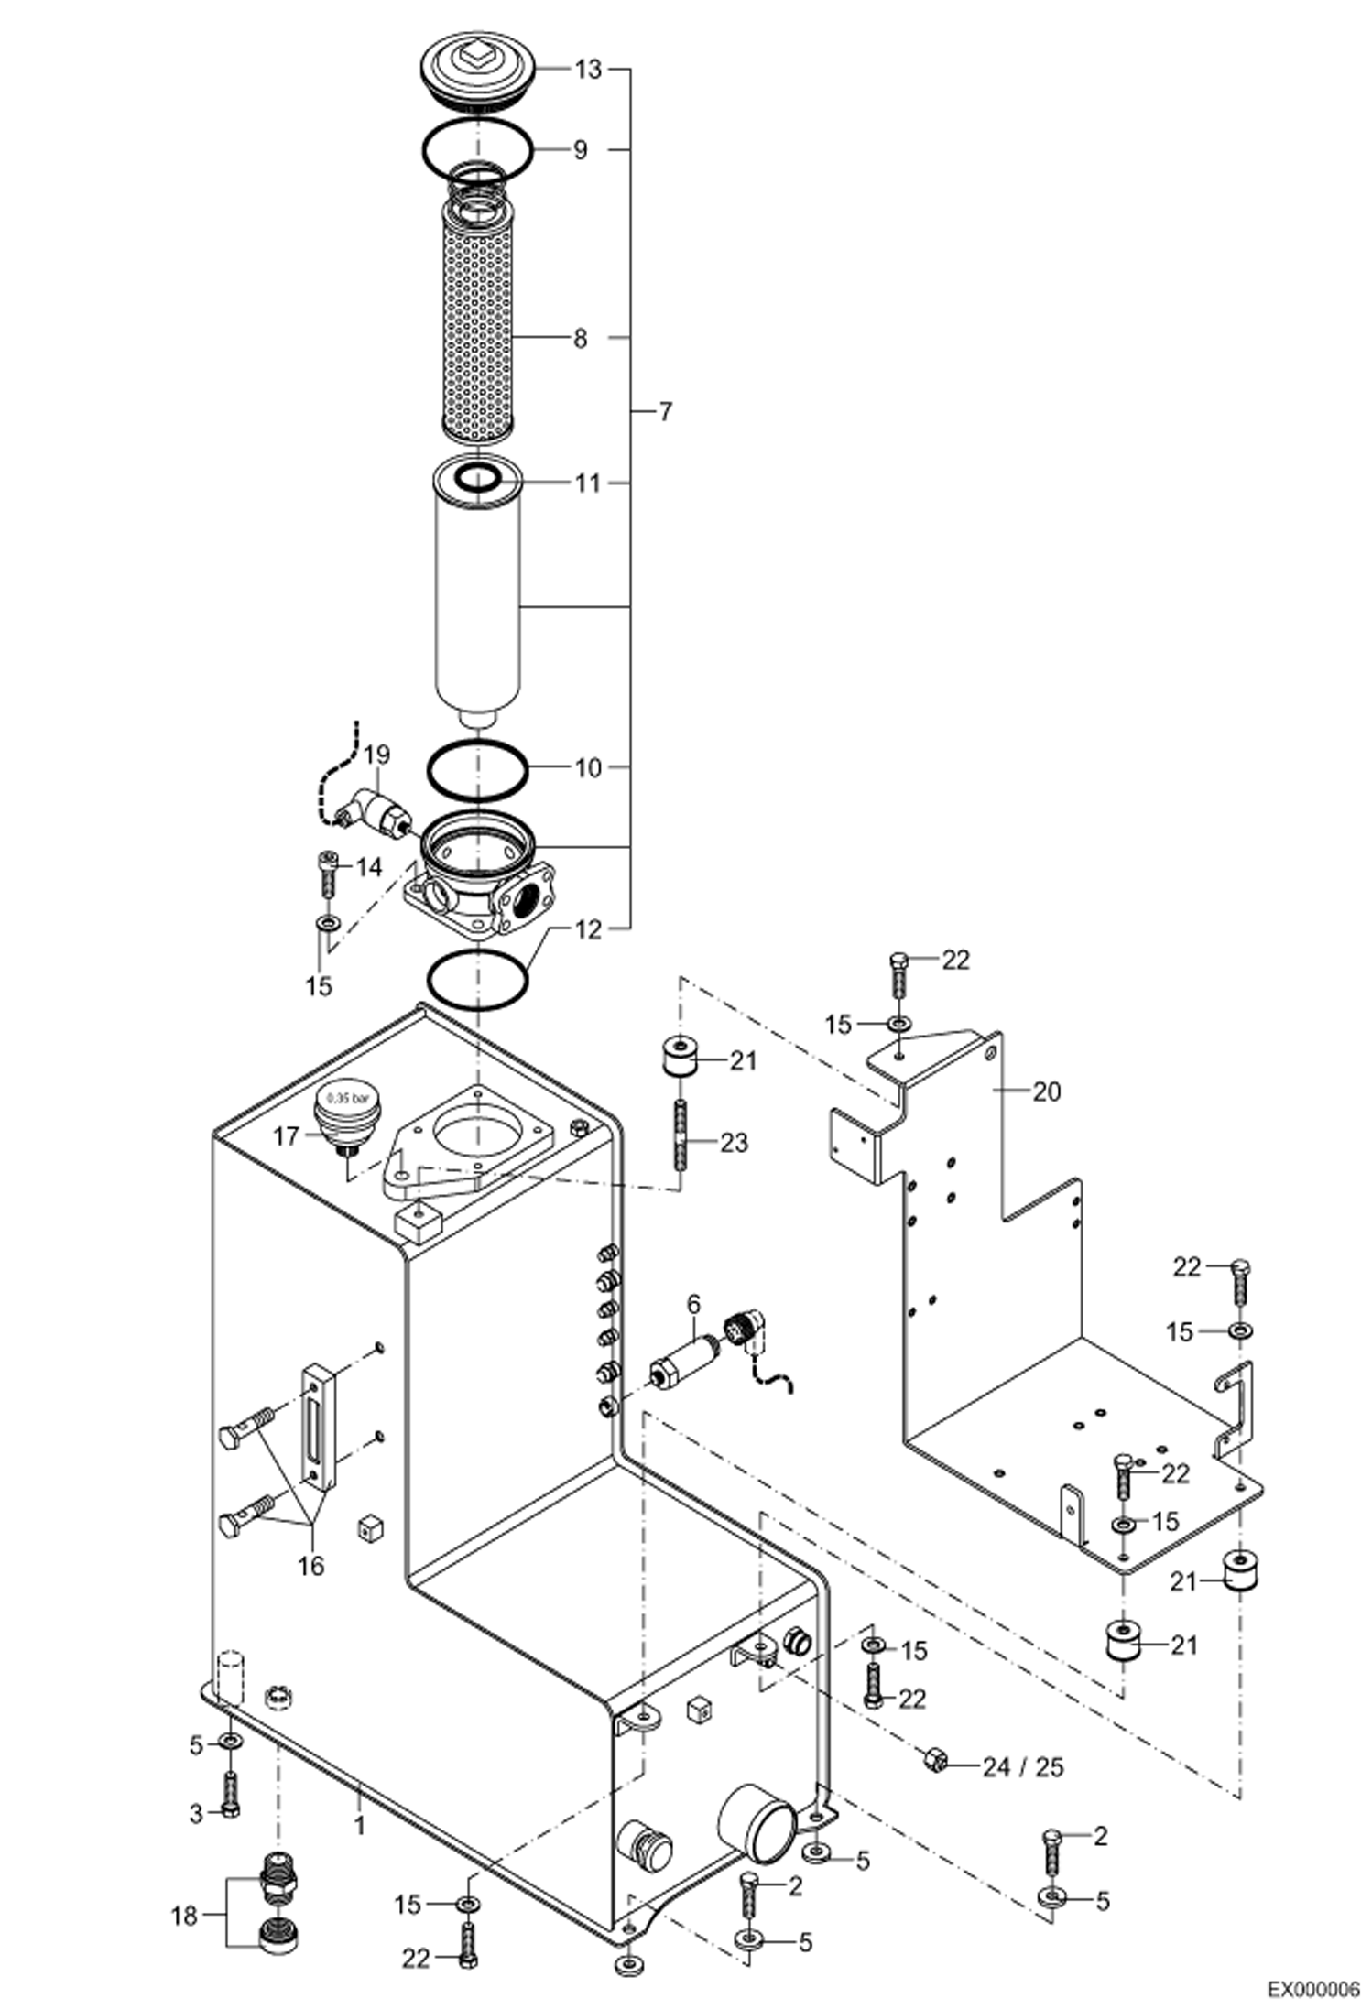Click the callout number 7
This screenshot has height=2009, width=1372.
(x=665, y=412)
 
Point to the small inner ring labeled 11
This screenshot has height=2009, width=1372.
(x=477, y=477)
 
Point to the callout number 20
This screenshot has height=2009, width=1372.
(x=1046, y=1091)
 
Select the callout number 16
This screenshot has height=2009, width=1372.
(x=311, y=1565)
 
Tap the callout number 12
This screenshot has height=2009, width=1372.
(x=589, y=929)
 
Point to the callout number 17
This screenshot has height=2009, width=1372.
(x=286, y=1136)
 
